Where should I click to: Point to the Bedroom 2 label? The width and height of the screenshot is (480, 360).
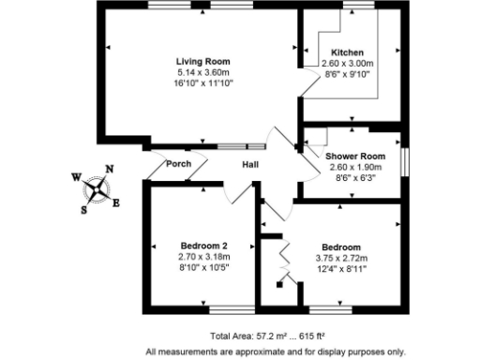point(203,246)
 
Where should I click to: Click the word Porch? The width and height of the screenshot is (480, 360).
point(178,164)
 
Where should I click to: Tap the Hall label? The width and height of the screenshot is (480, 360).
point(251,165)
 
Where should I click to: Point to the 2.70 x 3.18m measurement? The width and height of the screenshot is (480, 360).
point(203,257)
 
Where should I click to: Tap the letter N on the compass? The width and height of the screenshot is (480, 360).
point(110,170)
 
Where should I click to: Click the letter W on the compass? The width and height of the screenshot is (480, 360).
point(76,176)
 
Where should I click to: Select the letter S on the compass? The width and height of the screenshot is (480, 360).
point(83,210)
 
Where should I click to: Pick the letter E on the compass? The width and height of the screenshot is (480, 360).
point(116,202)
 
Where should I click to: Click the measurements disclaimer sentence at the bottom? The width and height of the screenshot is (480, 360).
point(275,352)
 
